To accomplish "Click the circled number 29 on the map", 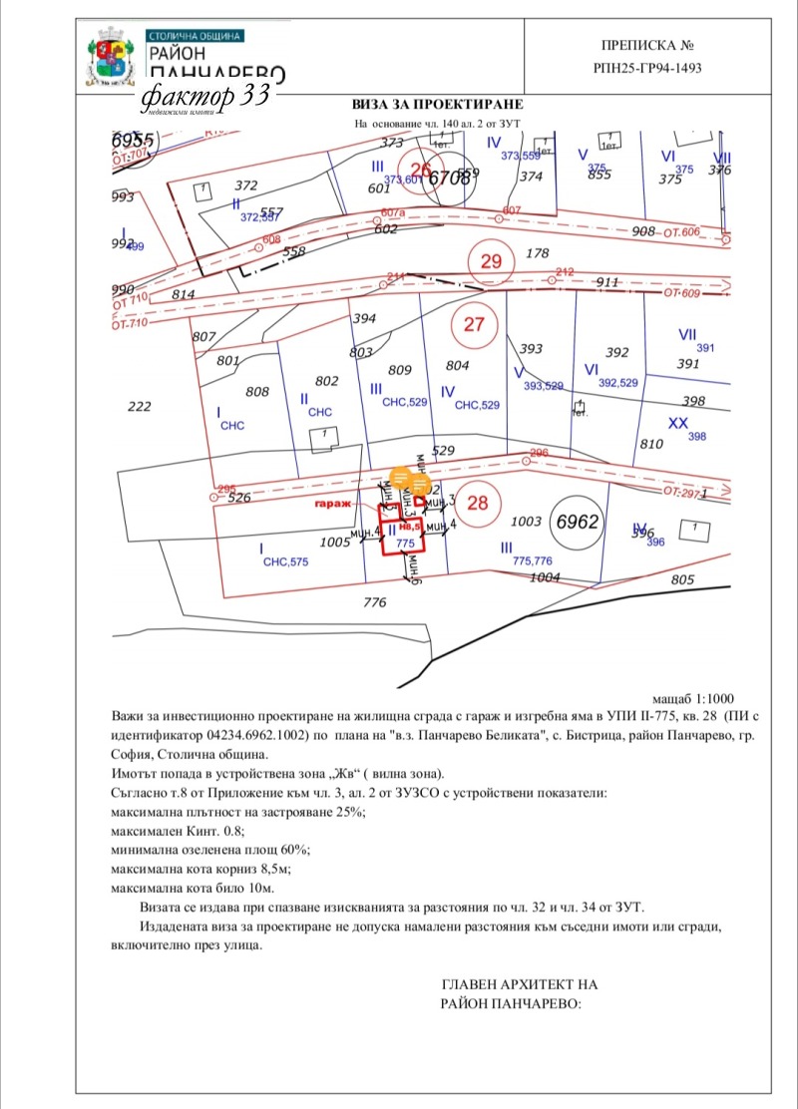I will tap(491, 262).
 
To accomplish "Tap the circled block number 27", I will tap(474, 324).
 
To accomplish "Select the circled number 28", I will tap(478, 503).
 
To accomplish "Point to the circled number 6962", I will tap(581, 520).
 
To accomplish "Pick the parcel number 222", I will tap(140, 406).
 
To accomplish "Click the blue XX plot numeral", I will tap(678, 423).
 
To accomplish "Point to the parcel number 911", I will tap(607, 283).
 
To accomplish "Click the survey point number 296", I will tap(540, 453).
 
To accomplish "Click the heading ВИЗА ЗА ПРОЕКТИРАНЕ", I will tap(437, 105).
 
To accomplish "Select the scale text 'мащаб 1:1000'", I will tap(692, 700).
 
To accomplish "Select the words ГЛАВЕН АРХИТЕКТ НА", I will tap(519, 984).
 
